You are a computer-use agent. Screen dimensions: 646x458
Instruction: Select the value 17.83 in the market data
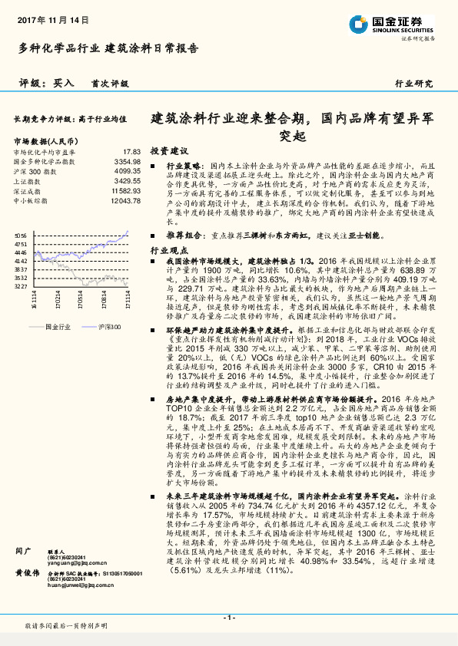coord(131,153)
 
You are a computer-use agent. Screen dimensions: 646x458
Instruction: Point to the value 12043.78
coord(124,199)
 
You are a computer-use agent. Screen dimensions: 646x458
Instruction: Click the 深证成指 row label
coord(25,190)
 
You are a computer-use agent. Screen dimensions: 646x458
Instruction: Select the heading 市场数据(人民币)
coord(45,141)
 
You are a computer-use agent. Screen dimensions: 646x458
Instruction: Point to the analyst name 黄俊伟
coord(28,572)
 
